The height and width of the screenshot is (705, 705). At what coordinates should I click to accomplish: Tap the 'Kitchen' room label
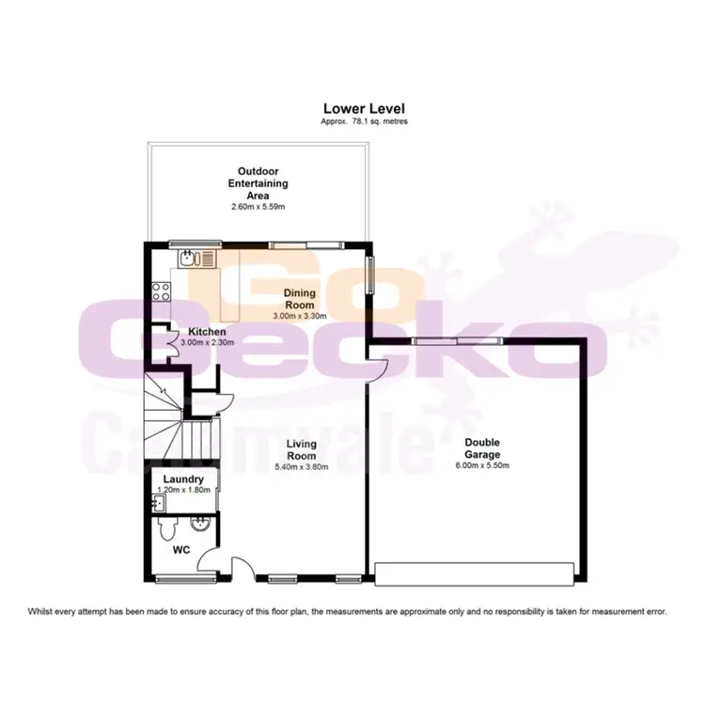207,332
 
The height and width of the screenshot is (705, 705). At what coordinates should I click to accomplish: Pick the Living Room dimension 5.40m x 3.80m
303,465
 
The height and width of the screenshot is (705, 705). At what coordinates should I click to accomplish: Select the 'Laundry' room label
183,478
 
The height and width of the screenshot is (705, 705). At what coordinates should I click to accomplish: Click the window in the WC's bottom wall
174,577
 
